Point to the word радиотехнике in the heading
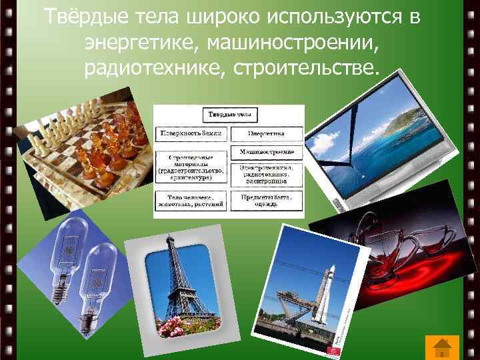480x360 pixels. coord(153,67)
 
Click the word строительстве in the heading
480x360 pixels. coord(305,67)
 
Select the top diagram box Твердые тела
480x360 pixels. coord(229,115)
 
